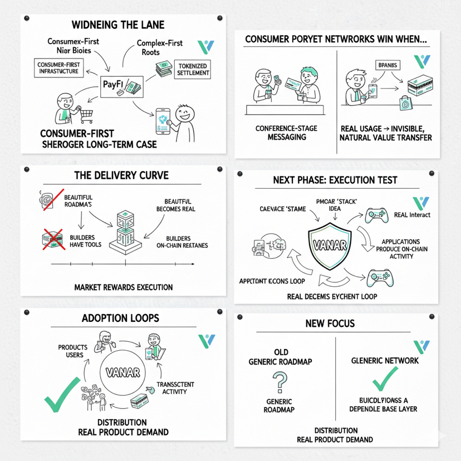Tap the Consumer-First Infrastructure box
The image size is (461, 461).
tap(57, 68)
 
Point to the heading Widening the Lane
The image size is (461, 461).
tap(117, 25)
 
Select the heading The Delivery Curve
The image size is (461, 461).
tap(121, 175)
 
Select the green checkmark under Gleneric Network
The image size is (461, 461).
tap(385, 379)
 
